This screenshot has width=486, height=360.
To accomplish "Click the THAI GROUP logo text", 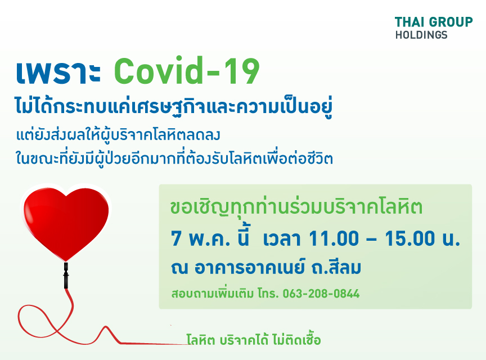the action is (x=434, y=22).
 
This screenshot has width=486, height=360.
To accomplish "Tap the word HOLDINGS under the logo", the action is (x=421, y=35).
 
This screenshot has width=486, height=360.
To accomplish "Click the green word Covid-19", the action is (x=187, y=71).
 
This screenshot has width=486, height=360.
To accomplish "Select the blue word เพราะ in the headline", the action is (x=58, y=73).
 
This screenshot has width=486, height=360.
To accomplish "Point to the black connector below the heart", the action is (x=66, y=276).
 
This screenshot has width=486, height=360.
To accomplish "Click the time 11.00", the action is (x=334, y=238).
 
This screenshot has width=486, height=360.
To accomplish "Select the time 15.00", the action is (x=409, y=238).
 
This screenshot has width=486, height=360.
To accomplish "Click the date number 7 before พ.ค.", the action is (x=176, y=238).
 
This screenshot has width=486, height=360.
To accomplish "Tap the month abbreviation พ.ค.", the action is (x=209, y=240).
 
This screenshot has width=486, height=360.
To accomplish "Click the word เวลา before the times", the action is (x=281, y=240).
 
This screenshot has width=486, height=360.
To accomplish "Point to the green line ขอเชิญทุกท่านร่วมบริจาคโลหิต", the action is (x=296, y=207).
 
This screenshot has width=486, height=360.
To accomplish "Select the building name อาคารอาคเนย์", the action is (x=249, y=267).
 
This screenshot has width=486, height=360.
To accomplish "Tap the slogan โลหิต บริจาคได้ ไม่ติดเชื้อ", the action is (x=253, y=340).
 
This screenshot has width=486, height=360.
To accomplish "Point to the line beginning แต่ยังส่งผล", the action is (x=118, y=136).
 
